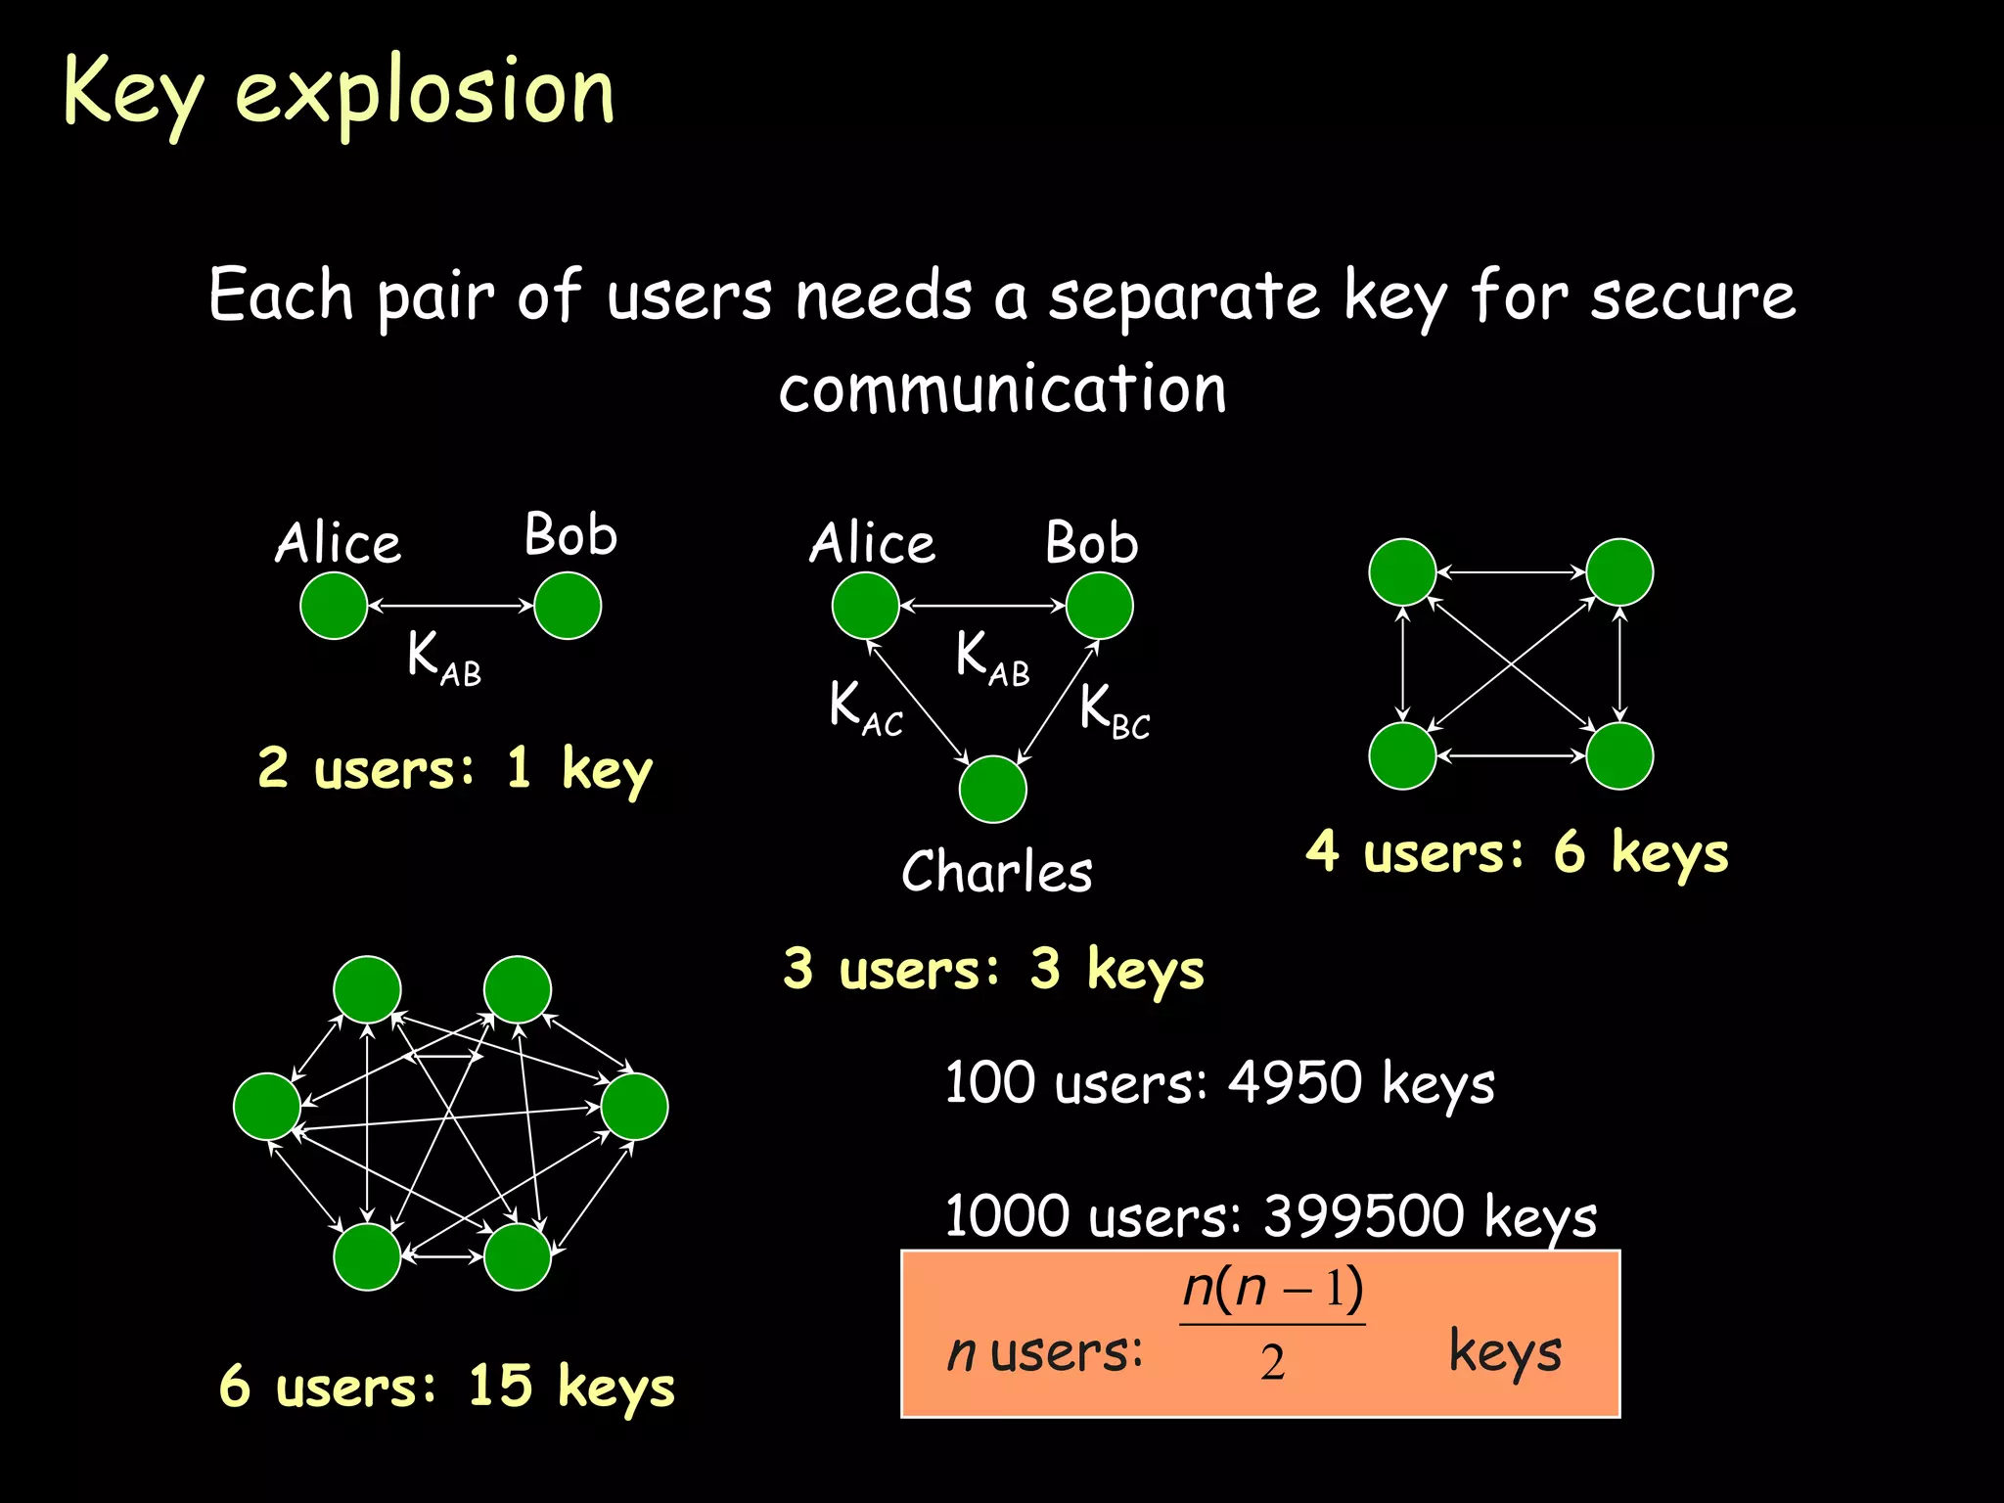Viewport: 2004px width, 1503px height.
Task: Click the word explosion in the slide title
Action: tap(425, 93)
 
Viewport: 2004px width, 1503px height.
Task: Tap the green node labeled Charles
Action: tap(992, 789)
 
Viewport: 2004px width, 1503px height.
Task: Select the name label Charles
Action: tap(996, 871)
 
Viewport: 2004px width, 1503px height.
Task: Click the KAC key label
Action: tap(865, 707)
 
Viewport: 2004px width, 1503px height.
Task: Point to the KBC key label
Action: tap(1115, 709)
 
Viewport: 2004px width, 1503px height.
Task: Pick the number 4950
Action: tap(1295, 1083)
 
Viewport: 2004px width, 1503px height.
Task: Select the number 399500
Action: tap(1364, 1216)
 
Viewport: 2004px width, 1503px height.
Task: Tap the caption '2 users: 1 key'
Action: tap(455, 769)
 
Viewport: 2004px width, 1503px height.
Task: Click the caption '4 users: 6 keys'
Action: tap(1517, 852)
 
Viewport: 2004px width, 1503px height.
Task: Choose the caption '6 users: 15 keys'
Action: tap(447, 1387)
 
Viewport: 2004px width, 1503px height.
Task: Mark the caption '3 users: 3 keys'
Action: tap(993, 970)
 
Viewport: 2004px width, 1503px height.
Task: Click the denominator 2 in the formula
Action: tap(1272, 1362)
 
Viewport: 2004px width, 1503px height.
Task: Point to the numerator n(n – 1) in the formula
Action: tap(1272, 1290)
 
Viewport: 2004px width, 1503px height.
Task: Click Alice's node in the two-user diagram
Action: tap(334, 606)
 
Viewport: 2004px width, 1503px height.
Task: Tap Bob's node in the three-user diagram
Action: tap(1099, 606)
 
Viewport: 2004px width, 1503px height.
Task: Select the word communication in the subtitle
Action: tap(1002, 388)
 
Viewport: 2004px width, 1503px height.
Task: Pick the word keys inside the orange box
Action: tap(1504, 1353)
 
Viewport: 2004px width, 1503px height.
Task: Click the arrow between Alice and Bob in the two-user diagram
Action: tap(450, 606)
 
